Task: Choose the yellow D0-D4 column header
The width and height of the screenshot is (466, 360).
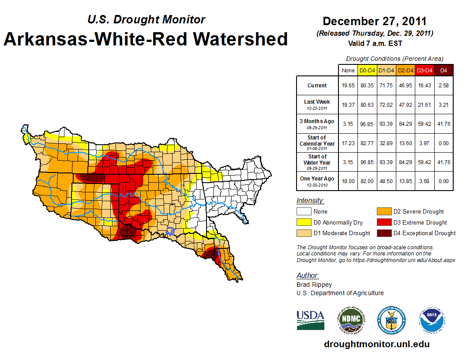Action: tap(367, 70)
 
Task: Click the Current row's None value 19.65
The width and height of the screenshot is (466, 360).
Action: tap(348, 86)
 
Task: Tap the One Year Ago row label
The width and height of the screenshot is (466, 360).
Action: tap(317, 179)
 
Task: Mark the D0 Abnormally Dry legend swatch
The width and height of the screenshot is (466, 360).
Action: tap(304, 222)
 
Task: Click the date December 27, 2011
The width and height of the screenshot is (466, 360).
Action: tap(374, 21)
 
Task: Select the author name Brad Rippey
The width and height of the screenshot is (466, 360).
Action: tap(314, 285)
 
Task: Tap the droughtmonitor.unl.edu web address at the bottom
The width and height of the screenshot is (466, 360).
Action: tap(376, 344)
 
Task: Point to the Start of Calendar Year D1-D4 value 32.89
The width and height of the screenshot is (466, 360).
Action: tap(386, 144)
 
